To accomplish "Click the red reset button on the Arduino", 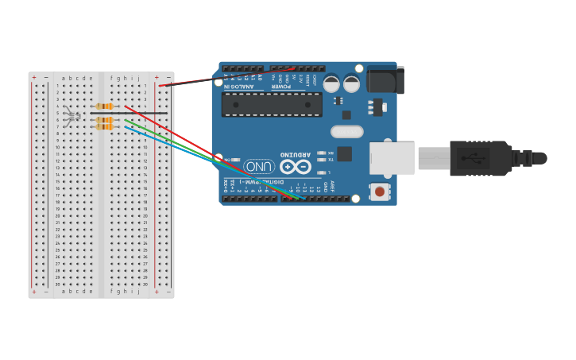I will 380,191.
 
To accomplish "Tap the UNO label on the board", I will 259,167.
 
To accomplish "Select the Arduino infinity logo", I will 295,167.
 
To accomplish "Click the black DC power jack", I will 386,80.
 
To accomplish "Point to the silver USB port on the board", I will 392,158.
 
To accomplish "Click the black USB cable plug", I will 481,158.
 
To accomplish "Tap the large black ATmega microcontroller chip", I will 272,104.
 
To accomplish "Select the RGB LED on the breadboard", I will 72,116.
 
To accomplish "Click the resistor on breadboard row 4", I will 104,106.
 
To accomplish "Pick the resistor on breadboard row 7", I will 104,126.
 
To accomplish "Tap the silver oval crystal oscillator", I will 347,132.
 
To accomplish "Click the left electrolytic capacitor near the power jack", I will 331,83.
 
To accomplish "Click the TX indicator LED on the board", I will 321,160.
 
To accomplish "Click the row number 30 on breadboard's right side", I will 145,284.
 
